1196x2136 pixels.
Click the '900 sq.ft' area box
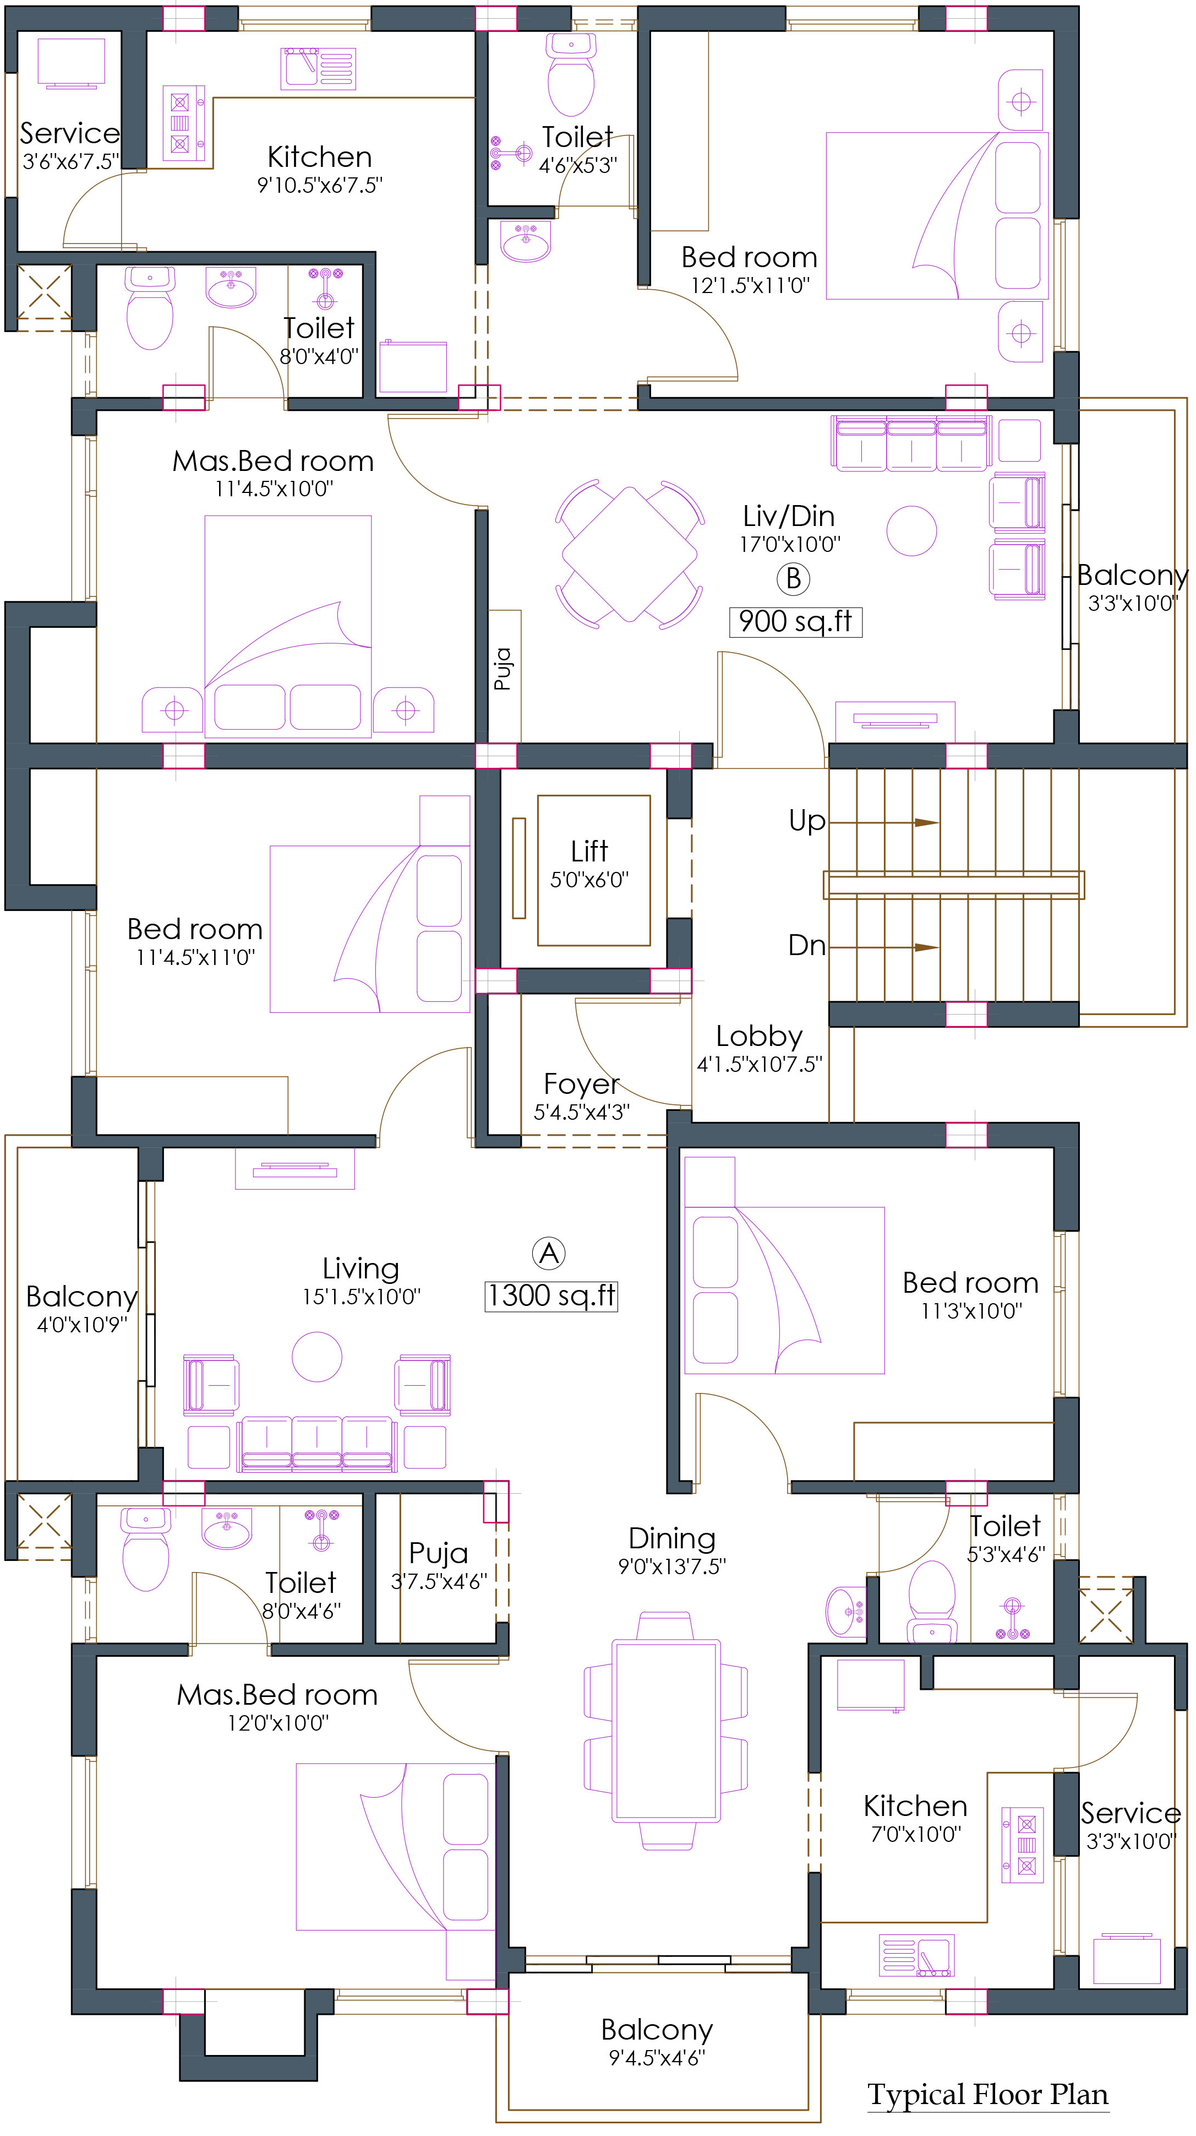pyautogui.click(x=796, y=621)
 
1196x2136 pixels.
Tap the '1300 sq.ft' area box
pyautogui.click(x=551, y=1295)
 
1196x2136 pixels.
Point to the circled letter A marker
pyautogui.click(x=549, y=1253)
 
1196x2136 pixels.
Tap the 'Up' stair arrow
pyautogui.click(x=883, y=822)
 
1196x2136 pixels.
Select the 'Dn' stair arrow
pyautogui.click(x=883, y=947)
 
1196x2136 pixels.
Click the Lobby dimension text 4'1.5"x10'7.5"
pyautogui.click(x=759, y=1064)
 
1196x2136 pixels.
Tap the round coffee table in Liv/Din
pyautogui.click(x=911, y=530)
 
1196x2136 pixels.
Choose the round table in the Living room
pyautogui.click(x=316, y=1357)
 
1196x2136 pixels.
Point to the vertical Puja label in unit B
pyautogui.click(x=503, y=668)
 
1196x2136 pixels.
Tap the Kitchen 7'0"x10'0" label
pyautogui.click(x=915, y=1818)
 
